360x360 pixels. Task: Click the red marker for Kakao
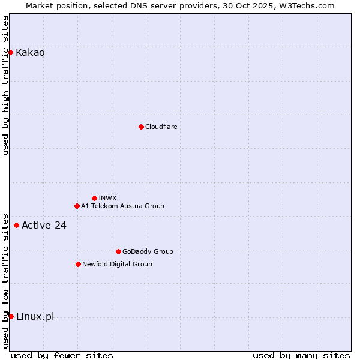coord(10,52)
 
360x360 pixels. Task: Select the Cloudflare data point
coord(141,127)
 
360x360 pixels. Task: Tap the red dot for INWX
coord(94,198)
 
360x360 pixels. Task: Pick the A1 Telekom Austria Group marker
coord(77,206)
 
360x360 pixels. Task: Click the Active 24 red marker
coord(16,225)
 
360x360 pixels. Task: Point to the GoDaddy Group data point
coord(118,251)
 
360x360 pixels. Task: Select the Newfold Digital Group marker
coord(78,264)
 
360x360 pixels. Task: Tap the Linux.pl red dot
coord(11,316)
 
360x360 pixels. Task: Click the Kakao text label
coord(30,52)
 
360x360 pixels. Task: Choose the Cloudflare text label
coord(161,127)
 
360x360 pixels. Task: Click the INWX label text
coord(107,198)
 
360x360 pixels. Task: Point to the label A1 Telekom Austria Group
coord(122,206)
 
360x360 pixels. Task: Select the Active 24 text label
coord(44,225)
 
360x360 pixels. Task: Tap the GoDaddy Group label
coord(148,251)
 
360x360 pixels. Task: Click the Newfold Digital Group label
coord(117,264)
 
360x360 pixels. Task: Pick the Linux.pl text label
coord(35,316)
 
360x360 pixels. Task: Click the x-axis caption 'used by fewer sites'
coord(62,355)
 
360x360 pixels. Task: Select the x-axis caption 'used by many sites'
coord(301,355)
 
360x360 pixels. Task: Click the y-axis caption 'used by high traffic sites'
coord(5,85)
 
